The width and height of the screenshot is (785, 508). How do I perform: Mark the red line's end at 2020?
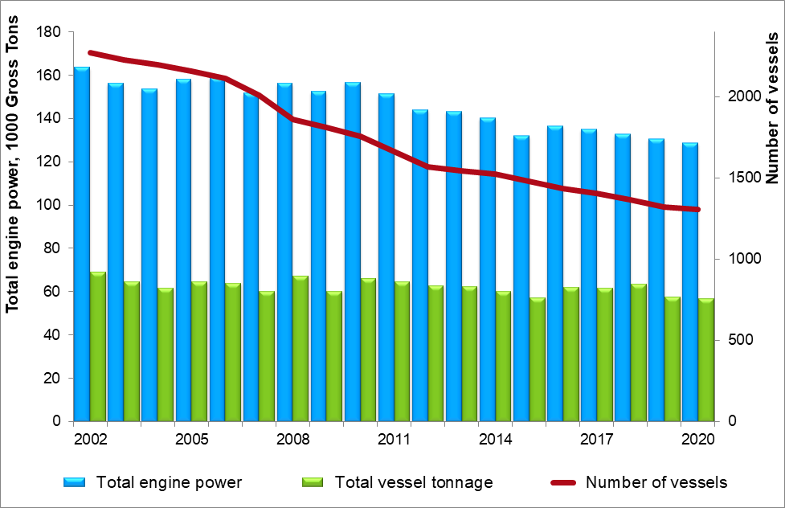[697, 210]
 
